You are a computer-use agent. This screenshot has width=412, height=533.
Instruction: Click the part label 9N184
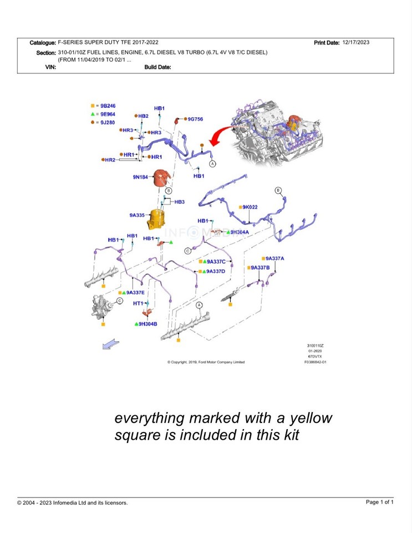tap(141, 177)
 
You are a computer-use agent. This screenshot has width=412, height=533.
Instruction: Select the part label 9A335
tap(137, 215)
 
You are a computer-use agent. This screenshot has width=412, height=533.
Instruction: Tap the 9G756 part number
tap(195, 119)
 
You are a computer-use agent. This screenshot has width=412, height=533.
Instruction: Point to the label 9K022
tap(250, 207)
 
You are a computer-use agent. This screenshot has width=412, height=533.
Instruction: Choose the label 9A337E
tap(135, 292)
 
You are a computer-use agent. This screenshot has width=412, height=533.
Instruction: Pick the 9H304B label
tap(148, 324)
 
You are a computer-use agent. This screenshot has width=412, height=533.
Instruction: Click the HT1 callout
tap(138, 304)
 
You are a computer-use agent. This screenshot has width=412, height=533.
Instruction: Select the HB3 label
tap(179, 202)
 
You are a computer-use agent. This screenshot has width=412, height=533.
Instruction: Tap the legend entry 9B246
tap(108, 105)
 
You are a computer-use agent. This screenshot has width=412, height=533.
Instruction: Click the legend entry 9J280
tap(108, 122)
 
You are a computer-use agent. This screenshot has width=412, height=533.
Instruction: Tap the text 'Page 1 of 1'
tap(380, 502)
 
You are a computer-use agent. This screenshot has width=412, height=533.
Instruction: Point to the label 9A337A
tap(274, 258)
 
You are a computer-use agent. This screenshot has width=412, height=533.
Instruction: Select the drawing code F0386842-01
tap(315, 361)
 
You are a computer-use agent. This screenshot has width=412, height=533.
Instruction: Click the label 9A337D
tap(216, 271)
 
